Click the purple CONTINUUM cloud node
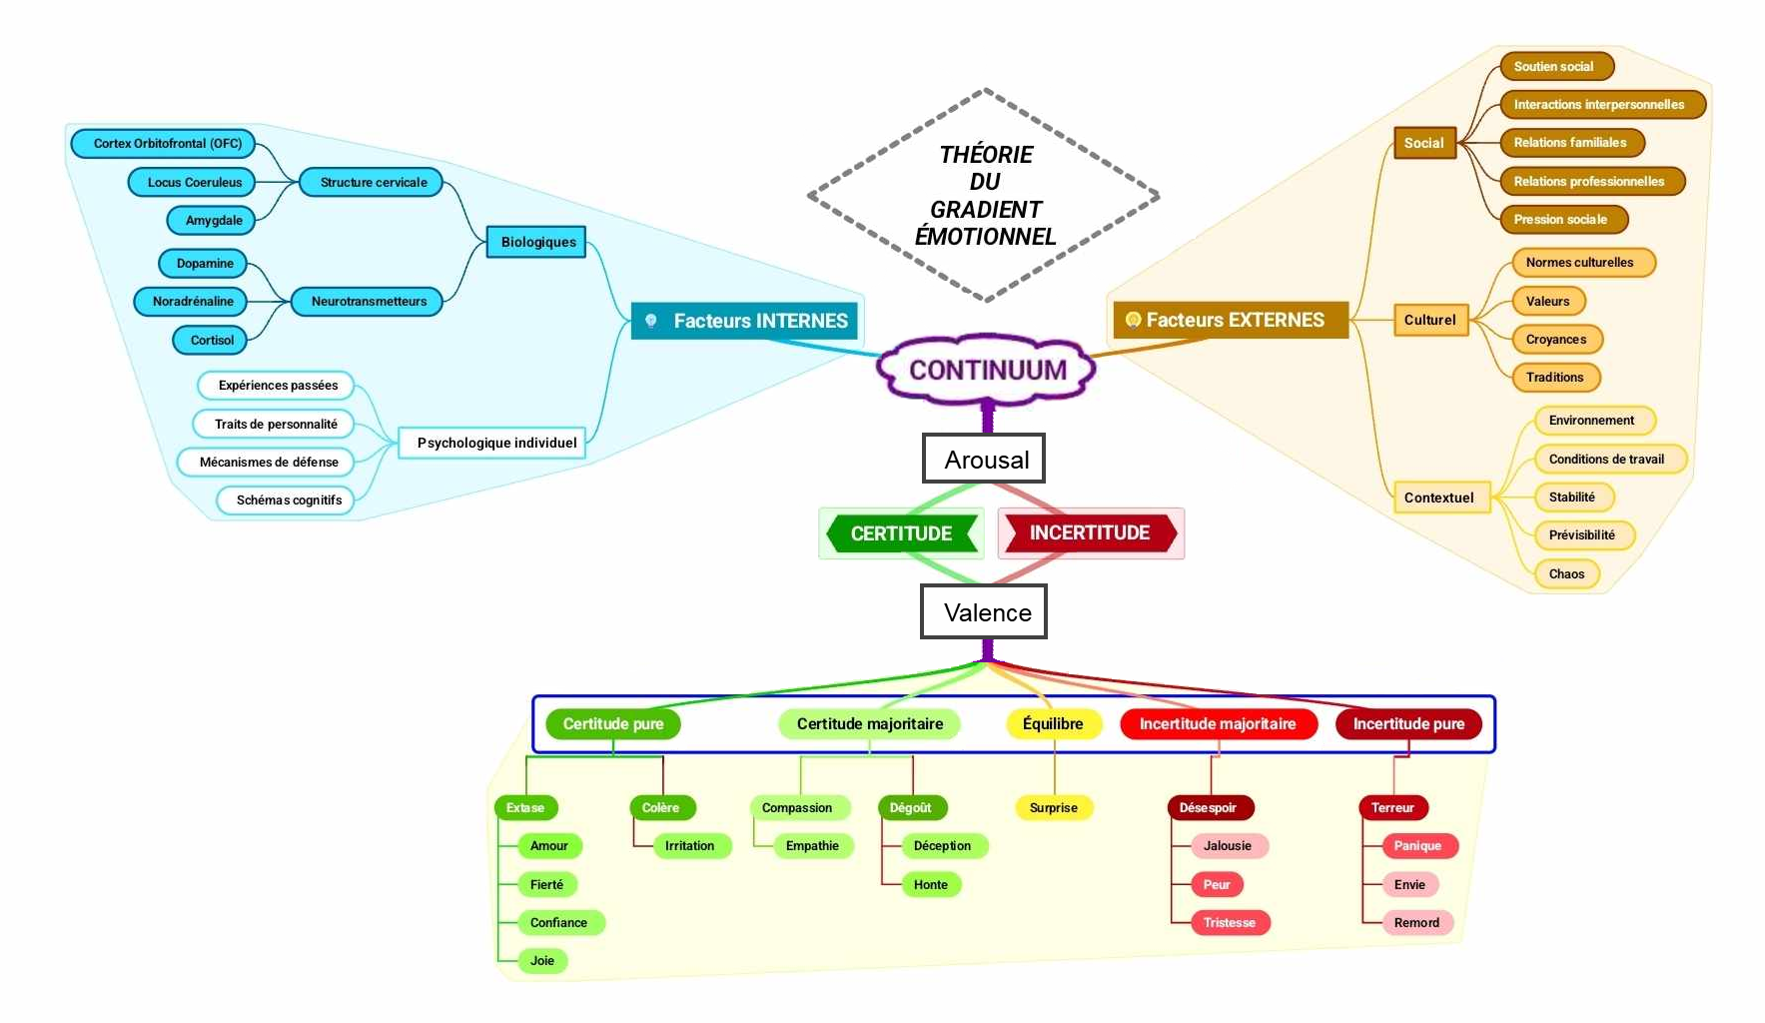coord(987,370)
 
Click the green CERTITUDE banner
coord(901,533)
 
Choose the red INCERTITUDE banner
coord(1090,532)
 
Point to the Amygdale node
coord(213,220)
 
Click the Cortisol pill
coord(211,340)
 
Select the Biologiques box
coord(537,242)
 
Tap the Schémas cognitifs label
coord(288,500)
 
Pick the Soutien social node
coord(1554,67)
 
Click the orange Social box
coord(1423,143)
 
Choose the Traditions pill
coord(1554,377)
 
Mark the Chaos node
coord(1566,573)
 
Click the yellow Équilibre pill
coord(1053,723)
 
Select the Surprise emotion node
coord(1053,807)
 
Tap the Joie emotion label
coord(542,960)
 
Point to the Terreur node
coord(1392,807)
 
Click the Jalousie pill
coord(1228,845)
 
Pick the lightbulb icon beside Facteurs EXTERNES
coord(1133,320)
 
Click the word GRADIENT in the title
coord(985,210)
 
